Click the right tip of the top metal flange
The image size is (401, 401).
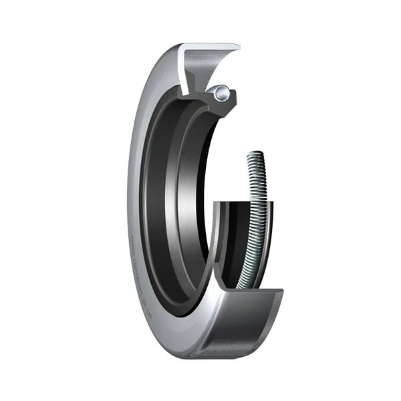tap(239, 46)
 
